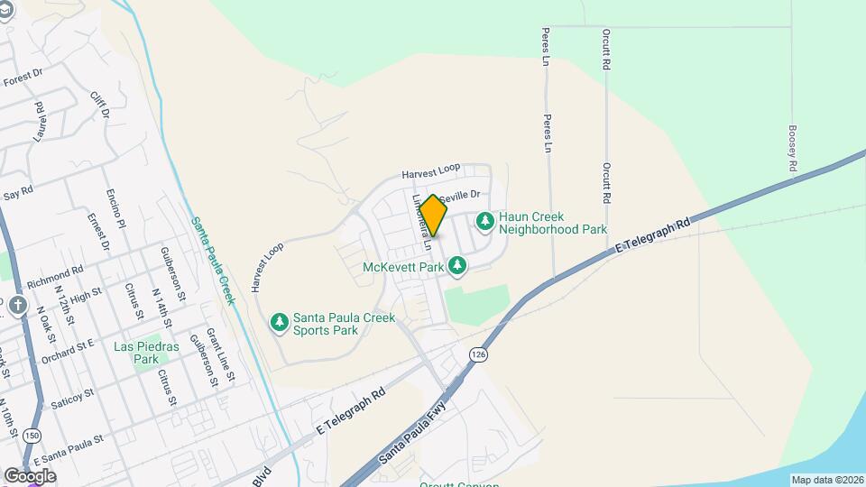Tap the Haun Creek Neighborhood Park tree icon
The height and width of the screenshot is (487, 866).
pos(485,220)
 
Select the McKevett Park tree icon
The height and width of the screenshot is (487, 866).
pos(458,266)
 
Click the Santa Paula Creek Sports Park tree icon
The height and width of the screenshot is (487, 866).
pos(280,321)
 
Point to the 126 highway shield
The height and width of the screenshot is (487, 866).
pos(477,355)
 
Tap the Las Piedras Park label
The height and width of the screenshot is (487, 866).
pos(146,353)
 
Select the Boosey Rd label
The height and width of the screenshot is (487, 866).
pos(792,149)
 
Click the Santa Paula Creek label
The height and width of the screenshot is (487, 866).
pos(213,261)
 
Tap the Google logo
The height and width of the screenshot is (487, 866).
pos(30,475)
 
